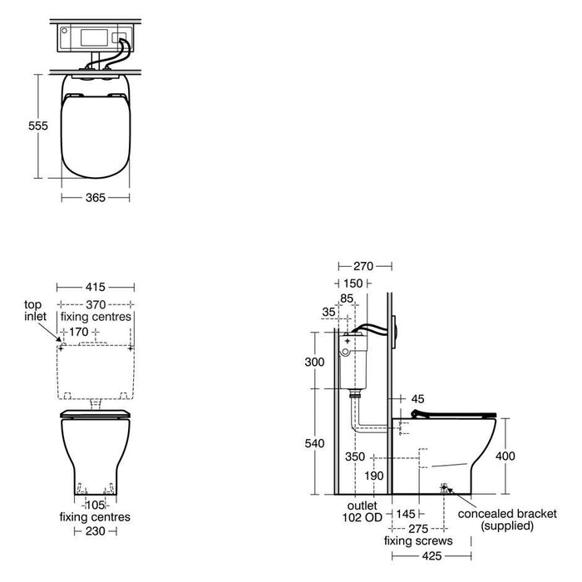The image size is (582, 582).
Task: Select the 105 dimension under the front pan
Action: click(96, 505)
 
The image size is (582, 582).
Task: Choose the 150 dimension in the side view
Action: click(353, 283)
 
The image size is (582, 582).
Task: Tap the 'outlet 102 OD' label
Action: click(362, 510)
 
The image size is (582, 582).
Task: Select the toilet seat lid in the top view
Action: click(96, 133)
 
